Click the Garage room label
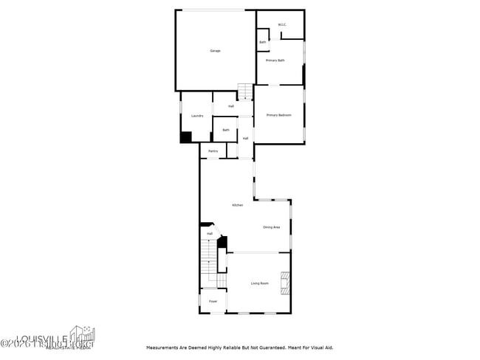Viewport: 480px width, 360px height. tap(215, 51)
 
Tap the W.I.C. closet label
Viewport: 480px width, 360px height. tap(282, 26)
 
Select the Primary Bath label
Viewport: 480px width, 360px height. tap(275, 60)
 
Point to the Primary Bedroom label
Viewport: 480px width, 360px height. tap(279, 115)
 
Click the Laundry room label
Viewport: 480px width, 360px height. tap(197, 116)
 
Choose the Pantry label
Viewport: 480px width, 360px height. tap(213, 151)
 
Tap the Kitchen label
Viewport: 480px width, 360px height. tap(238, 205)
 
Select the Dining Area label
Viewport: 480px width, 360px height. tap(271, 227)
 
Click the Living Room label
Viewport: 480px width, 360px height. tap(259, 283)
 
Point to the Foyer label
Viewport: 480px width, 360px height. tap(213, 302)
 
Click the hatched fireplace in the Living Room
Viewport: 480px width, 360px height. tap(284, 284)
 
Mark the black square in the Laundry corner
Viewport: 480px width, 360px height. tap(186, 137)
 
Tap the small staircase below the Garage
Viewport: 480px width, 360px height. tap(245, 91)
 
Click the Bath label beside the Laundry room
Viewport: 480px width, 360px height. tap(226, 131)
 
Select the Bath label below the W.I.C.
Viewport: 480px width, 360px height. tap(263, 42)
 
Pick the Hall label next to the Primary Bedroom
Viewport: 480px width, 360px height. tap(245, 138)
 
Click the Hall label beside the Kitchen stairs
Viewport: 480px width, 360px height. tap(210, 234)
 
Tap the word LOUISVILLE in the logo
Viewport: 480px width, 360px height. tap(68, 333)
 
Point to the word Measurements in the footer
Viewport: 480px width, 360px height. tap(165, 347)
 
